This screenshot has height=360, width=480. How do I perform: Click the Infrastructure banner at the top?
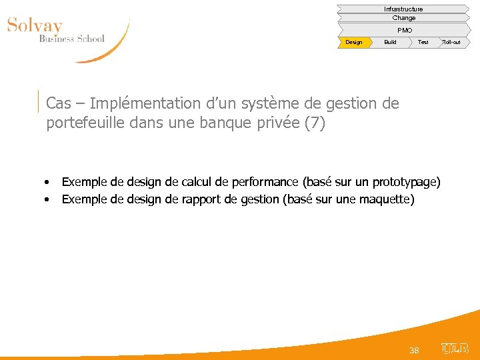pyautogui.click(x=403, y=9)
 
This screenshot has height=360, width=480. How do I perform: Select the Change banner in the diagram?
pyautogui.click(x=403, y=18)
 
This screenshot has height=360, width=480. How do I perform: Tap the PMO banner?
pyautogui.click(x=404, y=30)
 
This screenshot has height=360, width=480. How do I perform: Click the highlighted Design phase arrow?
pyautogui.click(x=354, y=42)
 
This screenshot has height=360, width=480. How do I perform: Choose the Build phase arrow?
pyautogui.click(x=390, y=42)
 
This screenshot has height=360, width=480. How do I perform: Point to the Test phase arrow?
pyautogui.click(x=423, y=42)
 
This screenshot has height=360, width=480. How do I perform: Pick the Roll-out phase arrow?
pyautogui.click(x=451, y=42)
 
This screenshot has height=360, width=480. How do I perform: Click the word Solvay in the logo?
pyautogui.click(x=35, y=27)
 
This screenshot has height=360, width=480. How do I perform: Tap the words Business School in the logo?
pyautogui.click(x=71, y=39)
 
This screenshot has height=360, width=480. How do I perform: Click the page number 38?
pyautogui.click(x=414, y=350)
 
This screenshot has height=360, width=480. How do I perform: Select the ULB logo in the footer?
pyautogui.click(x=455, y=348)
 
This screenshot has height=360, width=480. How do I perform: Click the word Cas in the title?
pyautogui.click(x=59, y=104)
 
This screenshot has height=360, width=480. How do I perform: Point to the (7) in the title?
pyautogui.click(x=315, y=124)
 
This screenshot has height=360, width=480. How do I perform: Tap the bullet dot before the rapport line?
pyautogui.click(x=48, y=199)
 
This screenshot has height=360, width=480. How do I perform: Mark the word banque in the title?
pyautogui.click(x=227, y=124)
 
